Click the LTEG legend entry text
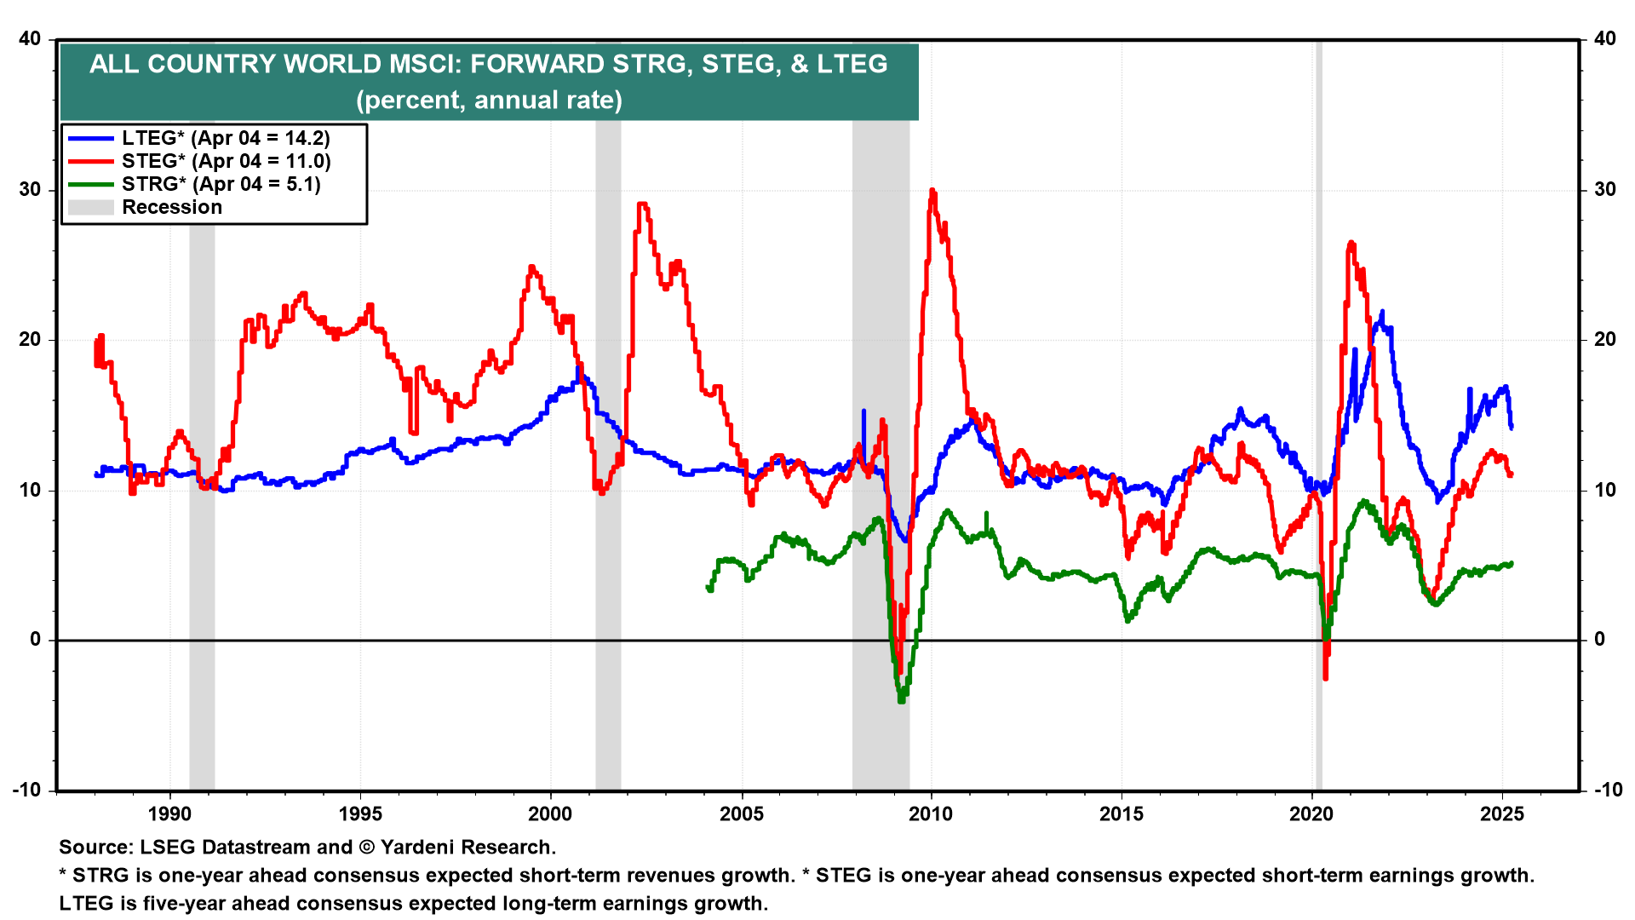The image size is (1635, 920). point(226,138)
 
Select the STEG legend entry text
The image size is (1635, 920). point(226,161)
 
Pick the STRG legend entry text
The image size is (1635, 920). point(221,184)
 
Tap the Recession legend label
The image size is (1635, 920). point(172,207)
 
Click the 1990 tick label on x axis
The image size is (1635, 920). point(169,814)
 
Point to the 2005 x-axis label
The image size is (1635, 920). point(741,814)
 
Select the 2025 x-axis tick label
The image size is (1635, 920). point(1502,814)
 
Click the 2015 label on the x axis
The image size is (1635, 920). point(1122,814)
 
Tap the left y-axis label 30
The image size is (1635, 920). point(31,189)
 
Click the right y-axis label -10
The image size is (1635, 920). point(1608,790)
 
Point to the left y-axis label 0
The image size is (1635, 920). point(36,640)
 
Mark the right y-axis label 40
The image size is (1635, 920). point(1604,38)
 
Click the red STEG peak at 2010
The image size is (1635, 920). point(932,191)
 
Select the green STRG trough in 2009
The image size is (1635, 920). point(901,700)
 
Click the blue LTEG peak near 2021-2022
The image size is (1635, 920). point(1381,312)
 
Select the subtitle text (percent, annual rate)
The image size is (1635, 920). point(489,101)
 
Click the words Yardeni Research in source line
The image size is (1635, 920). point(468,848)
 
